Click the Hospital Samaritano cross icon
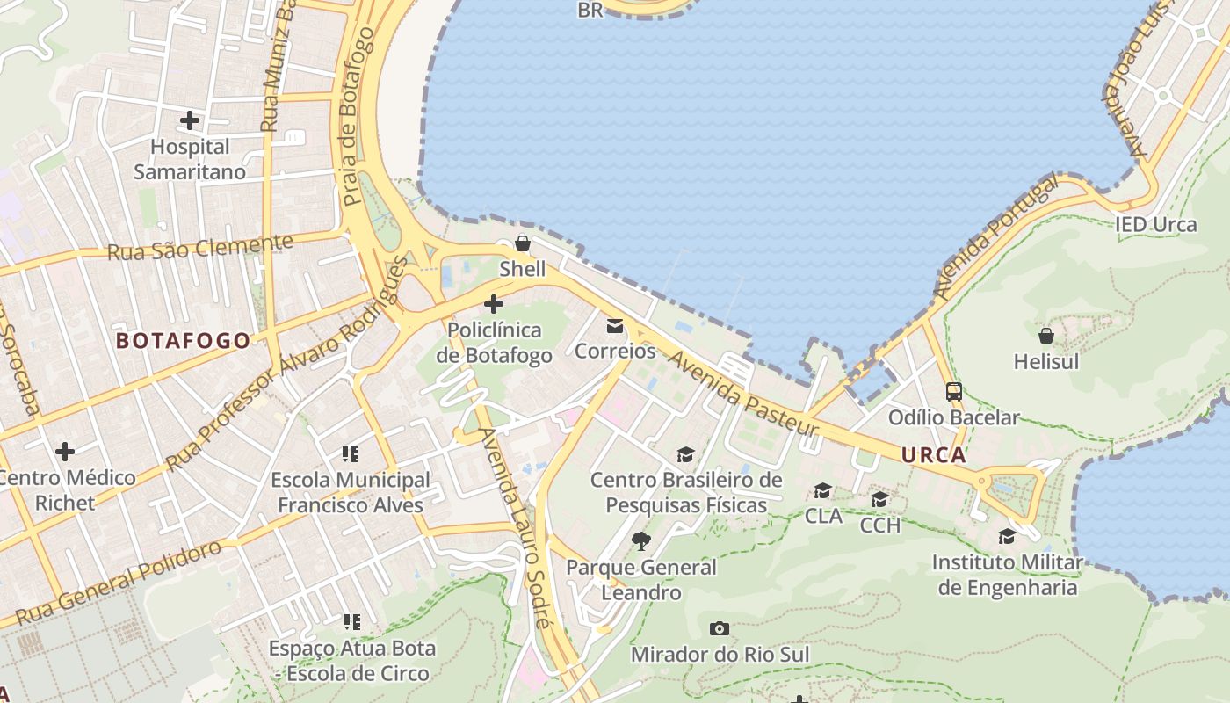190,120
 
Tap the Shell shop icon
523,243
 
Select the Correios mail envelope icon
615,326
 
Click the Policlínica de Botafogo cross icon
494,304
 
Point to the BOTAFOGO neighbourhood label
184,341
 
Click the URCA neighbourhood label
933,455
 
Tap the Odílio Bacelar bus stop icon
954,391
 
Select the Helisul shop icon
1046,336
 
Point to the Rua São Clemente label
199,248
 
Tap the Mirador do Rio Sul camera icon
720,628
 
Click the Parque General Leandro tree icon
641,540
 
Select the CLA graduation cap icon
823,490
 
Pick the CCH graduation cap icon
879,499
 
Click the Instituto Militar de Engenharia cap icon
1007,536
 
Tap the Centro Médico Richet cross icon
65,452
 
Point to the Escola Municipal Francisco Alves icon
351,454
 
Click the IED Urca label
1156,224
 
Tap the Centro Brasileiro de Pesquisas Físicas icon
685,454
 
